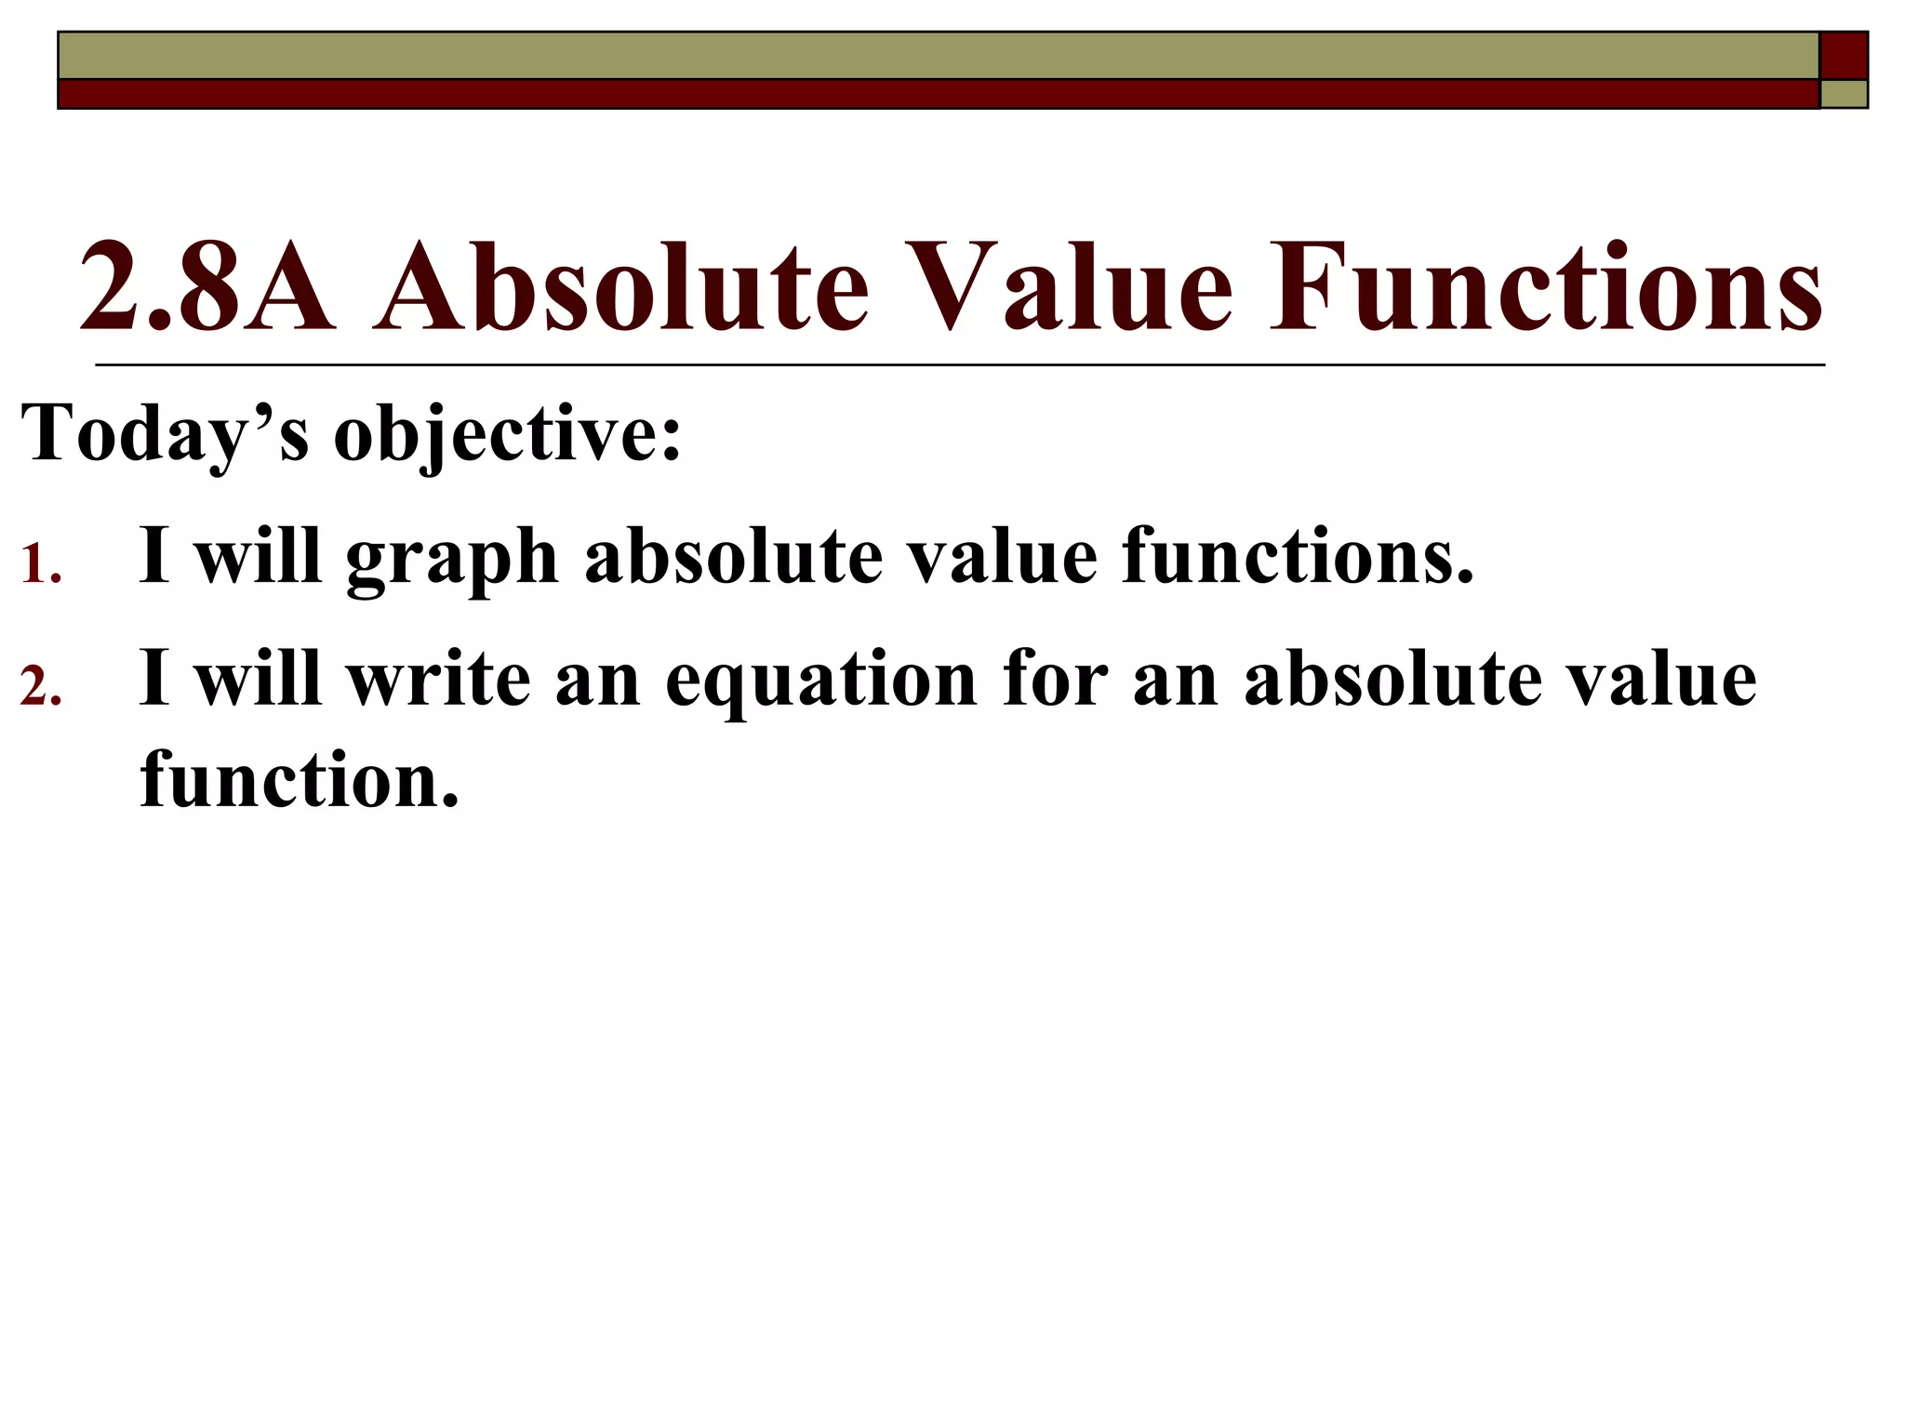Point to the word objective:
(508, 435)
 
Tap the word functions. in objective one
(1298, 556)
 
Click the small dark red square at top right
(1844, 55)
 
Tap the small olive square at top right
(1844, 94)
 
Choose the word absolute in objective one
(734, 556)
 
